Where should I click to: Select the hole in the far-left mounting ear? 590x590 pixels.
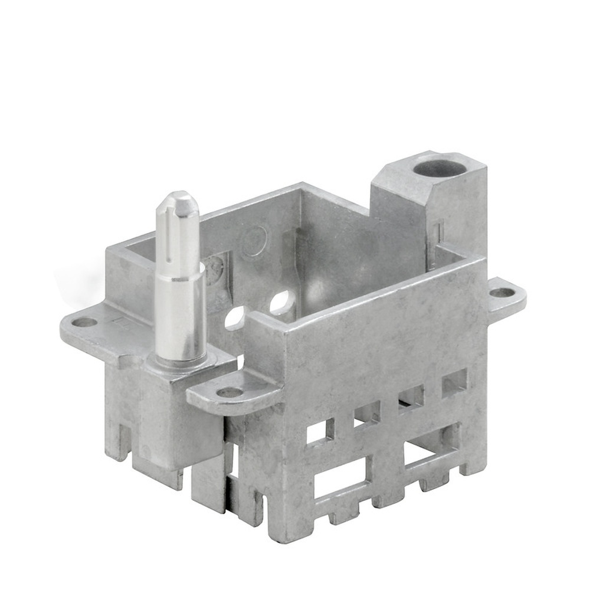[x=84, y=322]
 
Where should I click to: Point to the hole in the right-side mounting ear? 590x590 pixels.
[x=502, y=292]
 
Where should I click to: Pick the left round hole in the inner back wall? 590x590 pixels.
[x=235, y=317]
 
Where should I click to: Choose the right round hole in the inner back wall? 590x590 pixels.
[x=282, y=303]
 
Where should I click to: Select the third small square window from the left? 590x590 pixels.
[x=411, y=398]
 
